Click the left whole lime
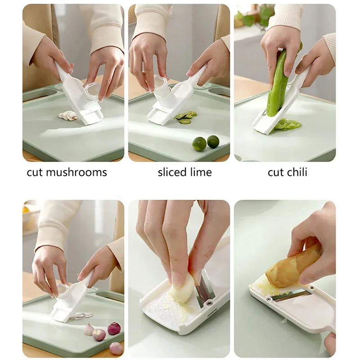click(x=199, y=144)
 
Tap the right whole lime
click(x=213, y=141)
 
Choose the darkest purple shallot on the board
click(x=114, y=328)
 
